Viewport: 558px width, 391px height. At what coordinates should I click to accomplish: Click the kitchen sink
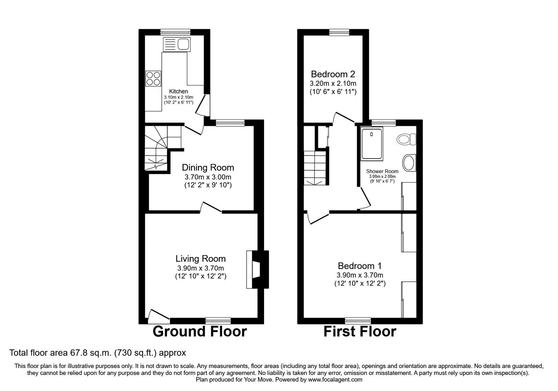click(x=176, y=44)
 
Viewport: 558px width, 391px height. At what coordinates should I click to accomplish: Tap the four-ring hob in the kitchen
click(x=153, y=79)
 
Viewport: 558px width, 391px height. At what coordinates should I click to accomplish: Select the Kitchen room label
click(x=179, y=91)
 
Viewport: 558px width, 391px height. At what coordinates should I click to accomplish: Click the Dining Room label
click(x=208, y=167)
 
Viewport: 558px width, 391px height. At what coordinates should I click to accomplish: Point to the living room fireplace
click(x=258, y=269)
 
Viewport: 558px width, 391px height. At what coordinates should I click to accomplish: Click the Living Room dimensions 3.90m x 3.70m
click(x=201, y=268)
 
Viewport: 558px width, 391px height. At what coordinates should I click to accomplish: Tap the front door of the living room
click(x=159, y=316)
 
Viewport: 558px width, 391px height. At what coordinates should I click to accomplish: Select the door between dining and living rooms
click(x=211, y=207)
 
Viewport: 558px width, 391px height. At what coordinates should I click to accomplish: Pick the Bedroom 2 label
click(x=333, y=74)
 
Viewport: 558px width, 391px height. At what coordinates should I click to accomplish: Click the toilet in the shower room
click(x=406, y=139)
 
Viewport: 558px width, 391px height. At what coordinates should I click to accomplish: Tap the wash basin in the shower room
click(x=409, y=163)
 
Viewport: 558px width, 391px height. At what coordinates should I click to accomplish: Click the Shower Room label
click(x=382, y=171)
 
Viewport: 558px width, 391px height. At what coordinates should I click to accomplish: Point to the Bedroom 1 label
click(x=360, y=266)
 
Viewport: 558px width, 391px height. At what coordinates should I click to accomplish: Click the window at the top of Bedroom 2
click(x=339, y=32)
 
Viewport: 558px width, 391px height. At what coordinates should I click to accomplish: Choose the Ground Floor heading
click(x=200, y=331)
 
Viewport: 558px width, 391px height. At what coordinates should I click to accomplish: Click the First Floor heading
click(x=360, y=331)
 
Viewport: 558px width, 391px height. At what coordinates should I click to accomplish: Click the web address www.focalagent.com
click(x=335, y=380)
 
